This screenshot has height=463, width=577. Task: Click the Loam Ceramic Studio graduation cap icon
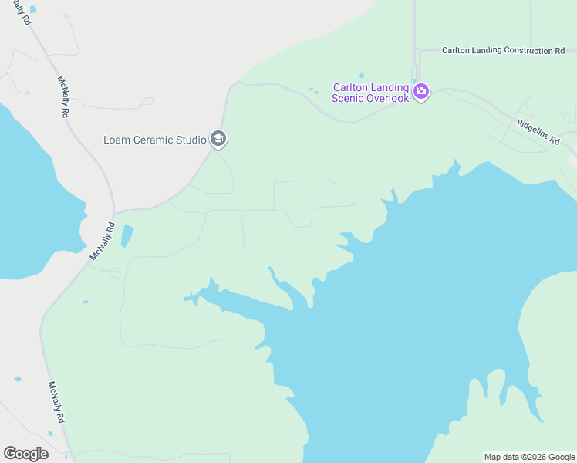pyautogui.click(x=218, y=139)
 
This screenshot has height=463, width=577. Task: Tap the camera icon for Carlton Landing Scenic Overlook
pyautogui.click(x=420, y=93)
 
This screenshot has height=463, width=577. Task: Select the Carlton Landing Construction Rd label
pyautogui.click(x=503, y=51)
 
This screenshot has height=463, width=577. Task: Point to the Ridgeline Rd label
pyautogui.click(x=538, y=132)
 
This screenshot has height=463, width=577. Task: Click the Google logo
pyautogui.click(x=25, y=454)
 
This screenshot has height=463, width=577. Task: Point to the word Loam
pyautogui.click(x=116, y=140)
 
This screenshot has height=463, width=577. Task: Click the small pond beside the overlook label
pyautogui.click(x=312, y=91)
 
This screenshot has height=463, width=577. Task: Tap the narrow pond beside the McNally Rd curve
pyautogui.click(x=127, y=235)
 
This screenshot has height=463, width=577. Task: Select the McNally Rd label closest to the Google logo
pyautogui.click(x=56, y=402)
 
